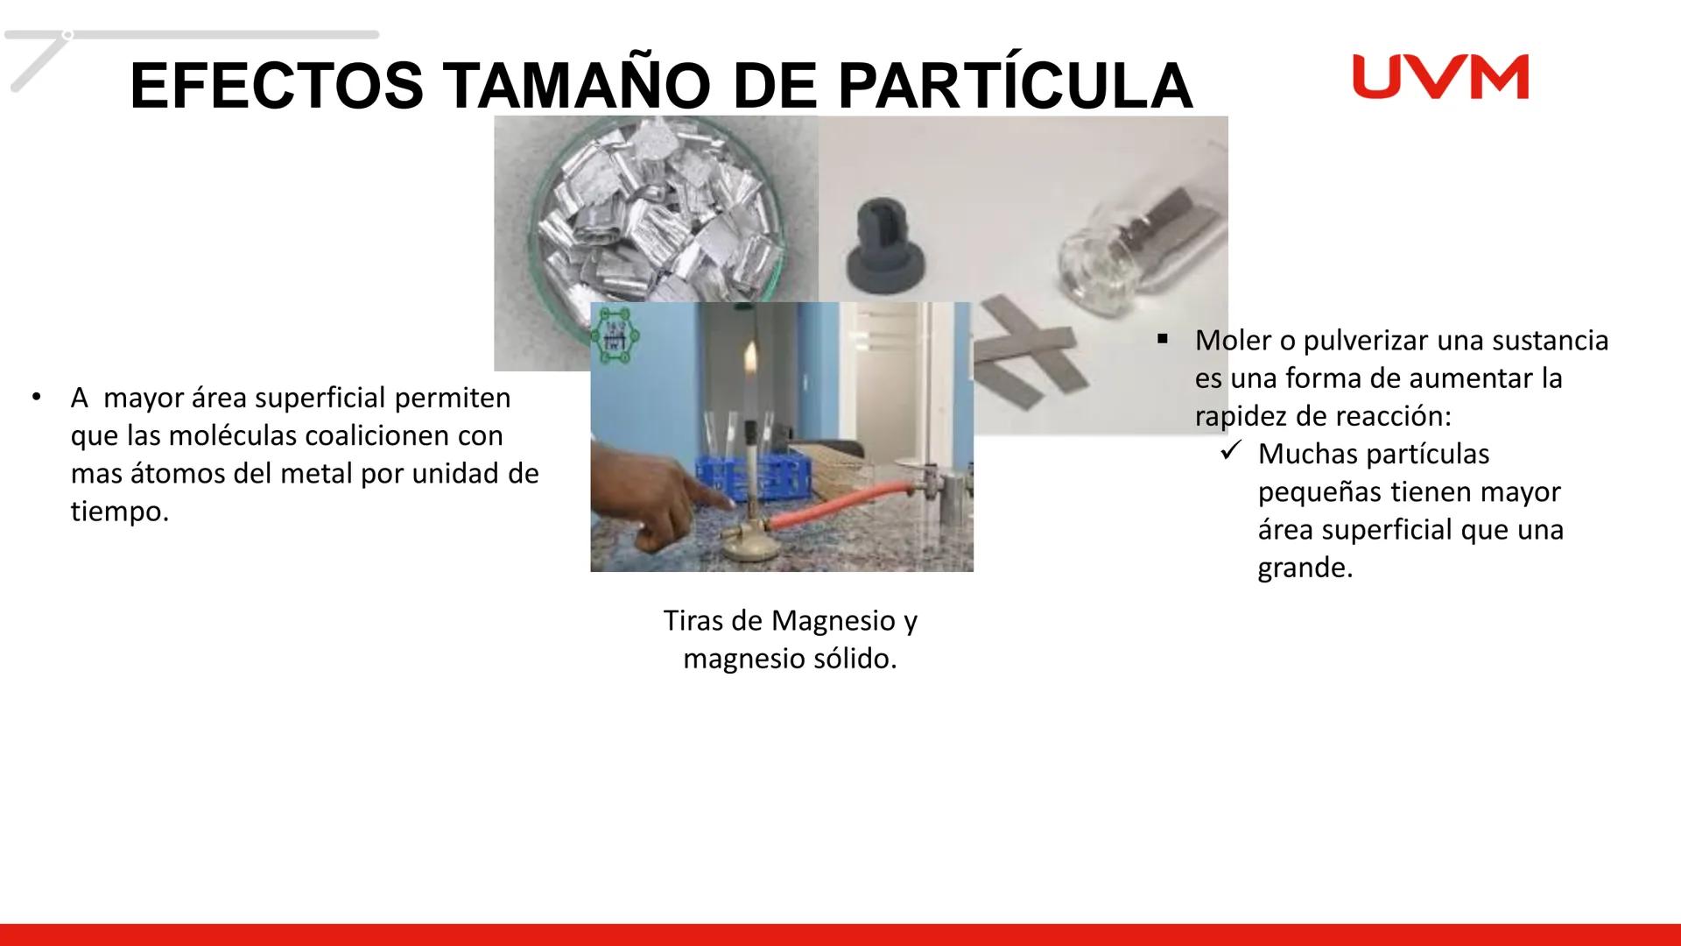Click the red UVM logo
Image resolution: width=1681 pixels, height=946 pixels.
(x=1440, y=77)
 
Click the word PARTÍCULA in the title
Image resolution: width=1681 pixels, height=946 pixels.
(x=1015, y=87)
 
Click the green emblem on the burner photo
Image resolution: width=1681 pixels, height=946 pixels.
(x=611, y=335)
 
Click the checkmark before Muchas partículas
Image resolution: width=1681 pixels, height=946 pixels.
(x=1230, y=453)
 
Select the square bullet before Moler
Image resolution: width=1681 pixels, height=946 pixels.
(x=1163, y=339)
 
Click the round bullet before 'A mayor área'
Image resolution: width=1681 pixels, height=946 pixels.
(x=36, y=397)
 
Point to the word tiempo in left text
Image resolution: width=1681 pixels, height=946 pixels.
(x=119, y=512)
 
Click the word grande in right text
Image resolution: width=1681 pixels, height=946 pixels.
(x=1304, y=568)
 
